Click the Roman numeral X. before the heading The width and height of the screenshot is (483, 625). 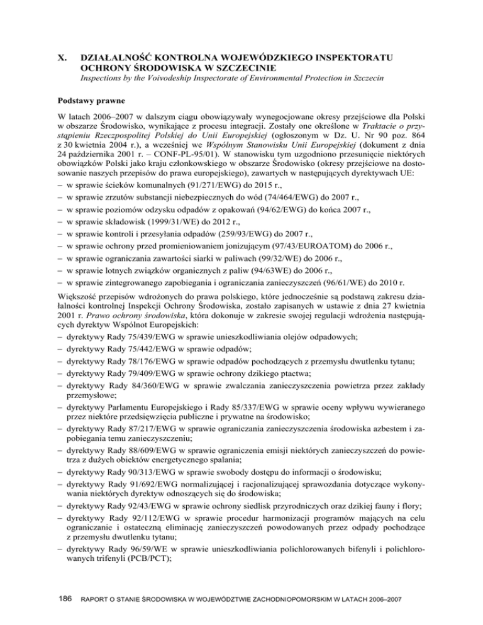(x=62, y=58)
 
